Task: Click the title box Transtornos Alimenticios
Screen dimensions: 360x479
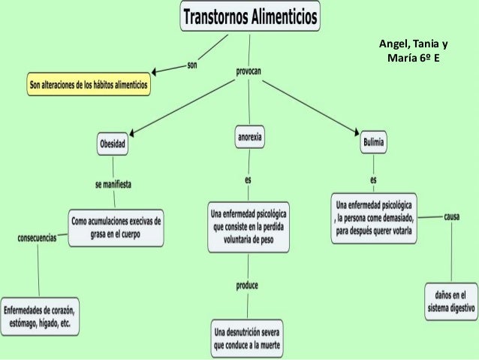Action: pyautogui.click(x=251, y=16)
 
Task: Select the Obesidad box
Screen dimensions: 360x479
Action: pyautogui.click(x=113, y=143)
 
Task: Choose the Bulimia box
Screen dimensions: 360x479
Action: pyautogui.click(x=373, y=141)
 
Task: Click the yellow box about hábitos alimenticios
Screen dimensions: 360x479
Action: pyautogui.click(x=89, y=86)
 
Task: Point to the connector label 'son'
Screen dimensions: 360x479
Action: pyautogui.click(x=192, y=67)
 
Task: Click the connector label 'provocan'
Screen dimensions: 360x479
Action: pyautogui.click(x=249, y=71)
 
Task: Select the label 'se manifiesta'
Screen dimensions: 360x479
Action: pyautogui.click(x=115, y=183)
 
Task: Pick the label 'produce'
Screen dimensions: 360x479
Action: pyautogui.click(x=248, y=286)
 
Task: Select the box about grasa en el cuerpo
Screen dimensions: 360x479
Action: pyautogui.click(x=116, y=226)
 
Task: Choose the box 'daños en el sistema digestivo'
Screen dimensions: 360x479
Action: pyautogui.click(x=450, y=301)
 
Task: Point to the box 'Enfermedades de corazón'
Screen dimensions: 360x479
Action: pyautogui.click(x=42, y=316)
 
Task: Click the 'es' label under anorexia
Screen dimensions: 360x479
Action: pyautogui.click(x=248, y=180)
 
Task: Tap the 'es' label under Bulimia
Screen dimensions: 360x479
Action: pyautogui.click(x=373, y=180)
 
